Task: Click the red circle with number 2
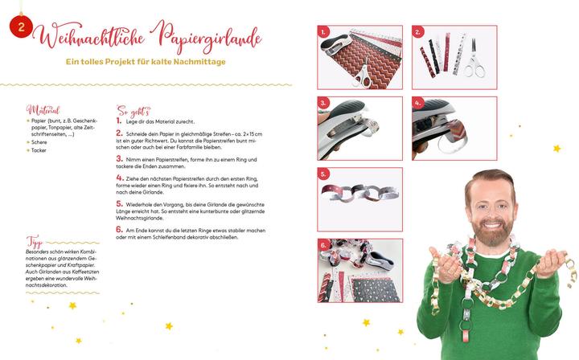coord(18,27)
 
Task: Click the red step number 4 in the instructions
coord(119,177)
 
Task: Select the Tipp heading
coord(34,242)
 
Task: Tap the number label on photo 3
coord(324,103)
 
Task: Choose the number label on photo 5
coord(324,174)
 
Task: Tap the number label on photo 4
coord(418,103)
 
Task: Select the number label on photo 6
coord(324,245)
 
